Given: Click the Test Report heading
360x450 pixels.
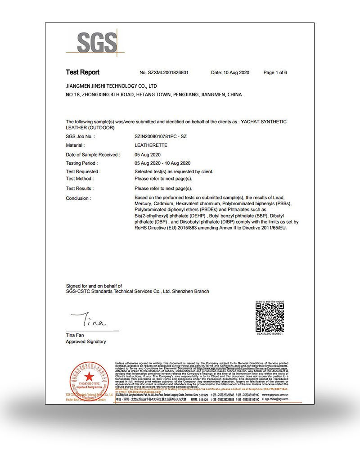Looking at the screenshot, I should pos(82,72).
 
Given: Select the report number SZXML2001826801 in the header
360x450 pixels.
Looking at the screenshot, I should pos(164,72).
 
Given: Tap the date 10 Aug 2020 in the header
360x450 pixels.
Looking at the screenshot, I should pos(230,72).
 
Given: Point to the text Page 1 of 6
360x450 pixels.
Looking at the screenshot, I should pos(275,72).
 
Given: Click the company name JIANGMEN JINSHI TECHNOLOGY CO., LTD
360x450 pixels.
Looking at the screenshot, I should pos(111,85).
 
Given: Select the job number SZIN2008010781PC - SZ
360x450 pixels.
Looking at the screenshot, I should pos(160,136).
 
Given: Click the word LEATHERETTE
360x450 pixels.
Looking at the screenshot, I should pos(151,145).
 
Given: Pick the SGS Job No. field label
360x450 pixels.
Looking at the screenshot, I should pos(81,136).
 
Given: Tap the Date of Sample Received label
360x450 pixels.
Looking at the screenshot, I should pos(93,155).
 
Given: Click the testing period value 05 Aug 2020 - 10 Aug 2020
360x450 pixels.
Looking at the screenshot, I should pos(162,163).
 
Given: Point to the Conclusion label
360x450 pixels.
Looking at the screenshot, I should pos(78,198).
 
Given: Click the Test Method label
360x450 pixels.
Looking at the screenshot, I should pos(80,179).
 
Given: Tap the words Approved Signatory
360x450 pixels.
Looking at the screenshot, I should pos(86,342).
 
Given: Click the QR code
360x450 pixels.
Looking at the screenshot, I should pos(270,318).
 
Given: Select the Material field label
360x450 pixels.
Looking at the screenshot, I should pos(75,145).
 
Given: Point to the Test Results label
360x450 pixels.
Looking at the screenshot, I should pos(80,189).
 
